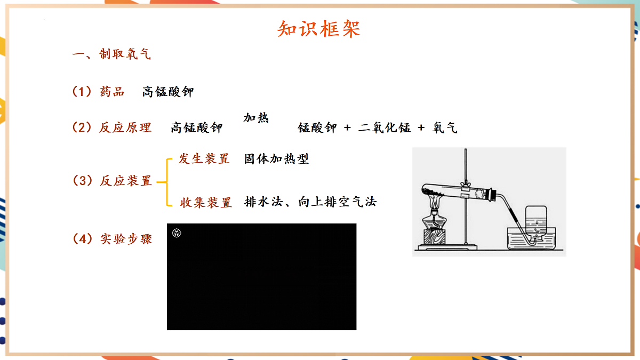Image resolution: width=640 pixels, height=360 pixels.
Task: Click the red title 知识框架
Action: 319,29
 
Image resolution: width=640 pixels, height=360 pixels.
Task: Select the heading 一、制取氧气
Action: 112,54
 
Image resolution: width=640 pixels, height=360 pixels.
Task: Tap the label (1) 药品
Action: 98,92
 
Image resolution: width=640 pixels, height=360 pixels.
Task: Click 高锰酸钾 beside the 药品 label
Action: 168,92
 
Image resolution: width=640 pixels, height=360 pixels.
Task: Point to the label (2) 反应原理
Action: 112,127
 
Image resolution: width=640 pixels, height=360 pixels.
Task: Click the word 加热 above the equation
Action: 256,118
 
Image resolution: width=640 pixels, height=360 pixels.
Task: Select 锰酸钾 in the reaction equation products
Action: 317,128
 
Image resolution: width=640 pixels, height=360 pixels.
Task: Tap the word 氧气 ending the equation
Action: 445,128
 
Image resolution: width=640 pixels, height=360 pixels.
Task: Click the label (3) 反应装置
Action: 112,181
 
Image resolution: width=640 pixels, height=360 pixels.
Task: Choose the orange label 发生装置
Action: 204,159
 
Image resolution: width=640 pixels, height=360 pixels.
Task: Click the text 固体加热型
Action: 276,159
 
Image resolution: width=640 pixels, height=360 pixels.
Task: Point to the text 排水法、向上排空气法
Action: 310,202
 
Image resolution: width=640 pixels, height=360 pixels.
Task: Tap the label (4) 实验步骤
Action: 112,238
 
